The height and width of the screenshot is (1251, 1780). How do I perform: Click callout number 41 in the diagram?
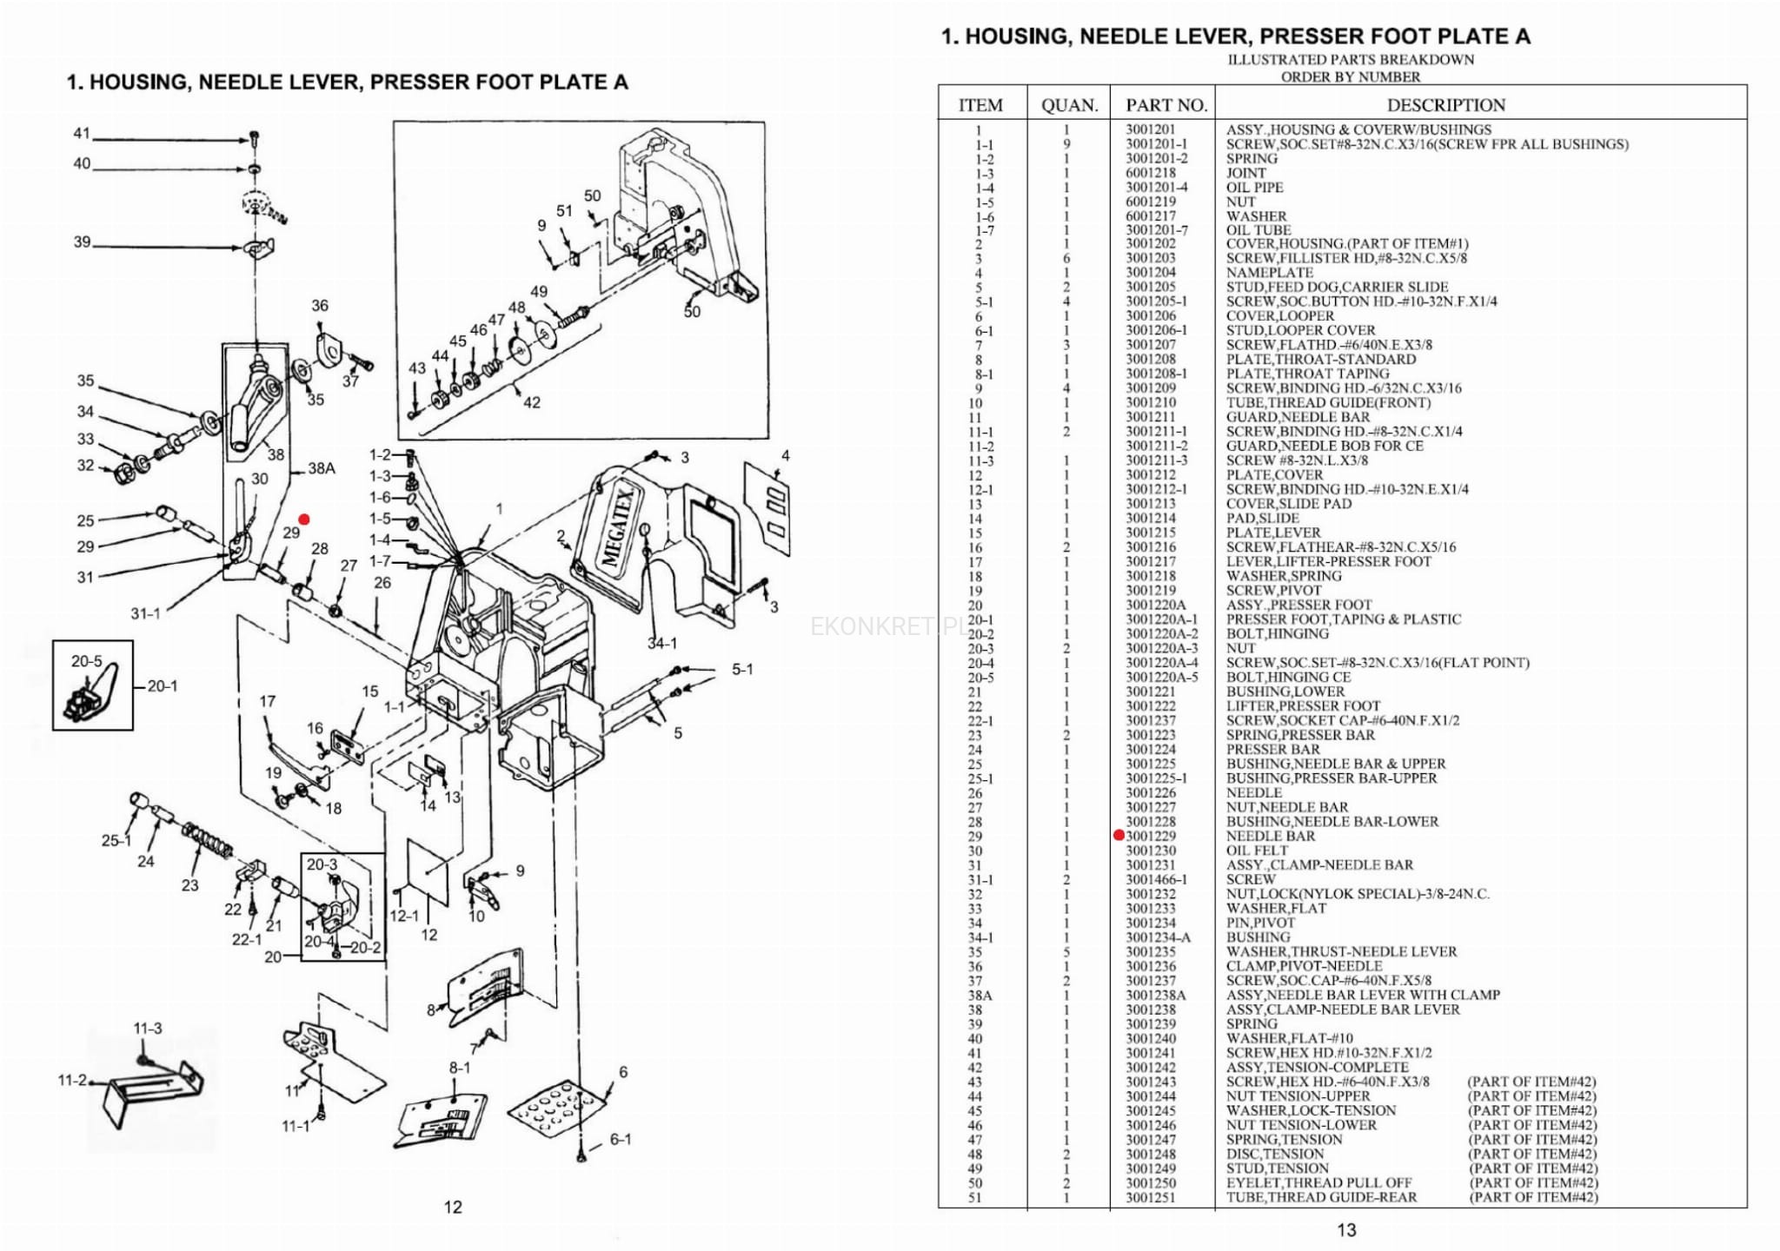click(x=82, y=134)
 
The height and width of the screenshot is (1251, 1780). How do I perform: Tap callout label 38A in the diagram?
click(x=322, y=468)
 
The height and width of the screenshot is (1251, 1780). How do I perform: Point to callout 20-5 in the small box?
click(x=87, y=661)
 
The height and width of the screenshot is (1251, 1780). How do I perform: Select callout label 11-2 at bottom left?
click(x=73, y=1081)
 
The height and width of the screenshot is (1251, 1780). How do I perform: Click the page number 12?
click(x=453, y=1207)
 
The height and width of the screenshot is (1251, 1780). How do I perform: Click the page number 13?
click(x=1346, y=1229)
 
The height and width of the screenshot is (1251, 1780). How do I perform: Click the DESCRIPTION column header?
click(x=1445, y=105)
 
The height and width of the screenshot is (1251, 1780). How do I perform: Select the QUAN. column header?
click(x=1069, y=105)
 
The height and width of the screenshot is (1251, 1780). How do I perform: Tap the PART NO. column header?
click(x=1166, y=105)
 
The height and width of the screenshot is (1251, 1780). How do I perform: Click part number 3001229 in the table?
click(x=1151, y=836)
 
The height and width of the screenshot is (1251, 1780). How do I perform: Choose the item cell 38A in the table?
click(x=980, y=996)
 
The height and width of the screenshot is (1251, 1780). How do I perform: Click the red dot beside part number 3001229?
click(x=1119, y=836)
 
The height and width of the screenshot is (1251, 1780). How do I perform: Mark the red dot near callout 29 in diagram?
click(x=304, y=520)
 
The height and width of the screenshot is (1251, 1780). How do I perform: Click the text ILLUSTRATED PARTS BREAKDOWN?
click(x=1351, y=60)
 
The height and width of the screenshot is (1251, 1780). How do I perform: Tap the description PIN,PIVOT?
click(x=1260, y=923)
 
